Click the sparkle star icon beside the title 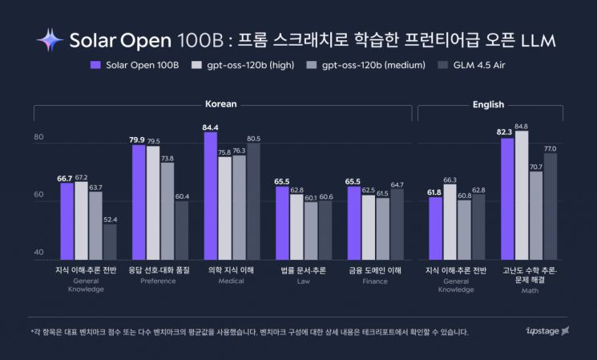50,39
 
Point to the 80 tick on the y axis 38,138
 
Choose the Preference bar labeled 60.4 182,229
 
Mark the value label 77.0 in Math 551,148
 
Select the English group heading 488,104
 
